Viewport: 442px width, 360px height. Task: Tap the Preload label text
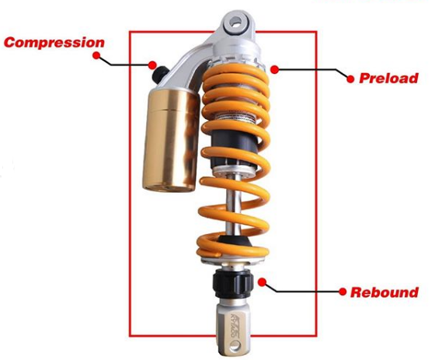[388, 78]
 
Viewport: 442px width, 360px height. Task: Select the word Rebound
[384, 292]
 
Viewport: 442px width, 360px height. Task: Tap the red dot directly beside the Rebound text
[341, 292]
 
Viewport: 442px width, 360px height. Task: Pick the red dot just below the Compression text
[96, 56]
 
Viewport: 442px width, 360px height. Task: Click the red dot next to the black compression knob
[154, 65]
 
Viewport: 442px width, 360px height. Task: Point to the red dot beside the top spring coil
[276, 69]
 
